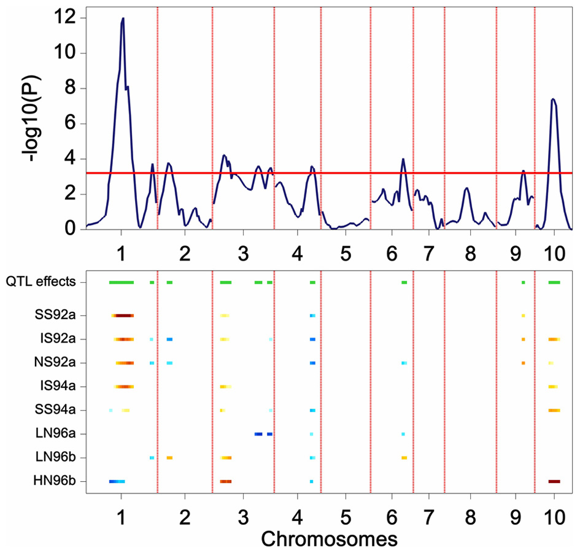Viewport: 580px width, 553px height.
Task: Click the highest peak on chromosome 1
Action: pyautogui.click(x=123, y=19)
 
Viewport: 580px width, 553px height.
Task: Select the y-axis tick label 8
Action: pyautogui.click(x=70, y=88)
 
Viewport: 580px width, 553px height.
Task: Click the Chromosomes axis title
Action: pyautogui.click(x=328, y=539)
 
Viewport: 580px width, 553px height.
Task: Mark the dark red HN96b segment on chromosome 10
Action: pyautogui.click(x=554, y=481)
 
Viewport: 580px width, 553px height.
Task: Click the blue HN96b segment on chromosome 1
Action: pyautogui.click(x=117, y=481)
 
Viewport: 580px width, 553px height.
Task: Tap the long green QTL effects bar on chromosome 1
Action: pyautogui.click(x=121, y=282)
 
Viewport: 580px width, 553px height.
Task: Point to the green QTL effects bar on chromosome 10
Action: pyautogui.click(x=554, y=282)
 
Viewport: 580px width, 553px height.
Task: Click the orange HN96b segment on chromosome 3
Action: pyautogui.click(x=226, y=481)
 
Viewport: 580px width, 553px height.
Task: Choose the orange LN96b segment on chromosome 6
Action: pyautogui.click(x=404, y=457)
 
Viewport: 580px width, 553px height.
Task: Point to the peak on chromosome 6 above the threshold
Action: pyautogui.click(x=403, y=159)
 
